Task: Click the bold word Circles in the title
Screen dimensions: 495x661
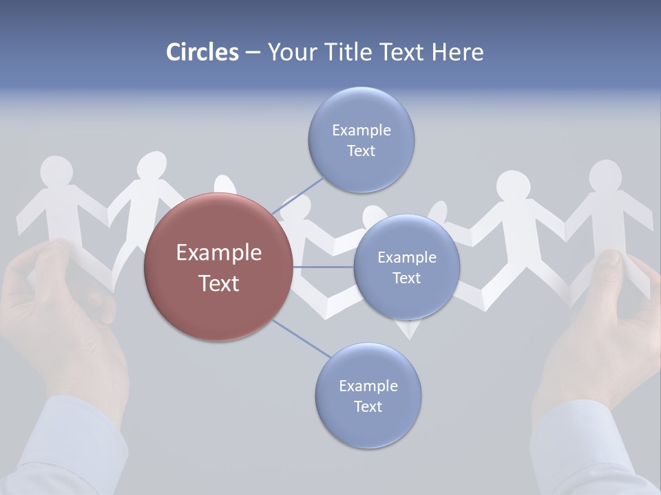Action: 202,52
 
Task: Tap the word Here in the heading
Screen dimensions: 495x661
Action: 457,52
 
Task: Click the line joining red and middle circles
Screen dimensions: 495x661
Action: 324,267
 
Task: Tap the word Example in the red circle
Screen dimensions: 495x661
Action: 219,253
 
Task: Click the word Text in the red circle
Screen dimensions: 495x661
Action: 219,283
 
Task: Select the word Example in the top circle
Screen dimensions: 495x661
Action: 361,131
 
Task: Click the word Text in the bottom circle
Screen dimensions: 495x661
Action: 368,407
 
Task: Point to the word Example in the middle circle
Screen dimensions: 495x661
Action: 406,258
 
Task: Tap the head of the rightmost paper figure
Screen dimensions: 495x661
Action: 605,177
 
